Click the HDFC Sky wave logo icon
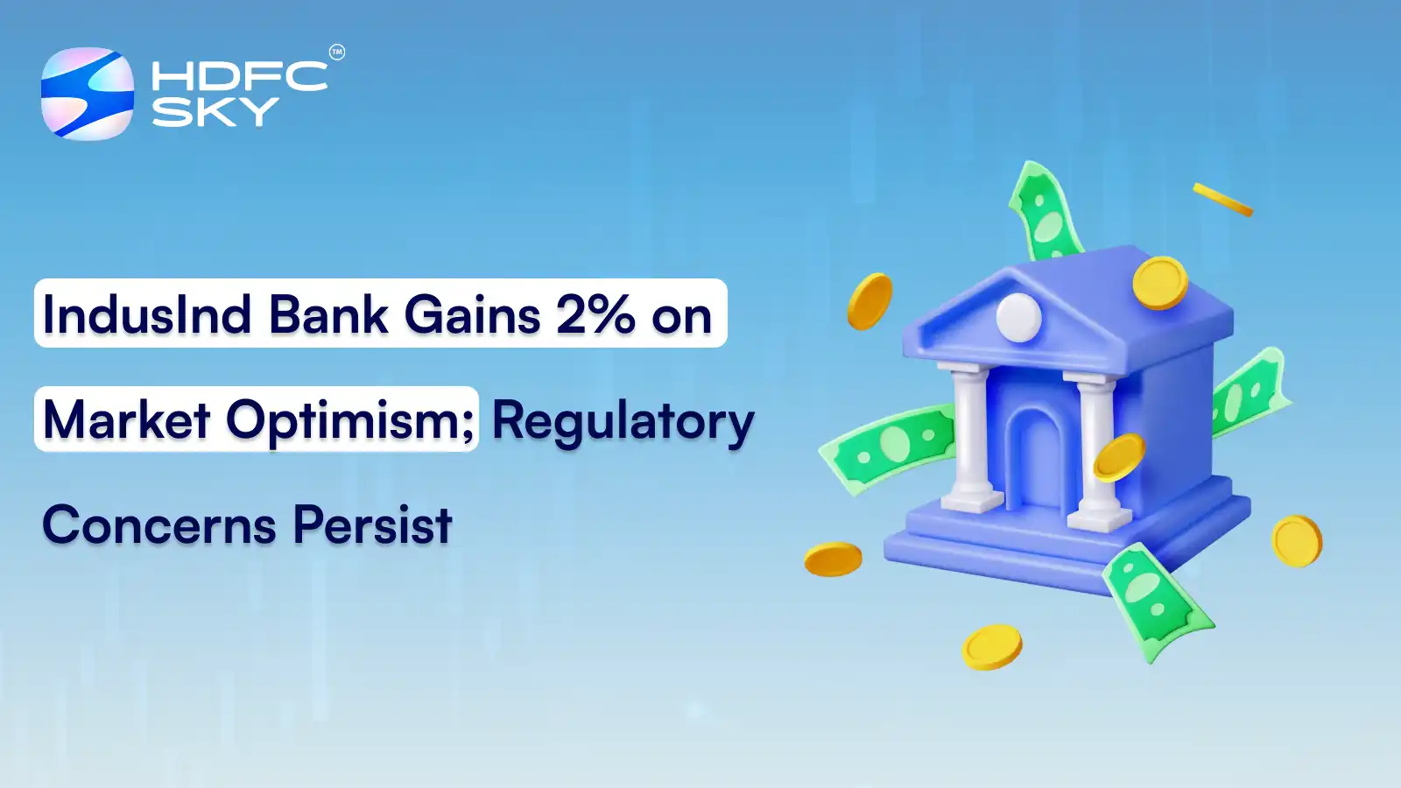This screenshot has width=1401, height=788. pyautogui.click(x=88, y=94)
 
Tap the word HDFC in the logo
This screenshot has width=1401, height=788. pyautogui.click(x=239, y=76)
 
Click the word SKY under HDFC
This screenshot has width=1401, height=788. pyautogui.click(x=215, y=112)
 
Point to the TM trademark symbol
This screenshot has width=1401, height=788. pyautogui.click(x=337, y=53)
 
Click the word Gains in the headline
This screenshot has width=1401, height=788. pyautogui.click(x=472, y=314)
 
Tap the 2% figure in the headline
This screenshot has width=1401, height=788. pyautogui.click(x=595, y=314)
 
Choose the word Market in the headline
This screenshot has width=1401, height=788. pyautogui.click(x=127, y=420)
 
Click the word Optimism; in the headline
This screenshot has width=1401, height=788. pyautogui.click(x=350, y=421)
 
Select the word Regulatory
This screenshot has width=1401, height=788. pyautogui.click(x=623, y=421)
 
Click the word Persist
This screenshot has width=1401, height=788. pyautogui.click(x=372, y=525)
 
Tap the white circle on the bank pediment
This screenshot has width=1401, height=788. pyautogui.click(x=1018, y=317)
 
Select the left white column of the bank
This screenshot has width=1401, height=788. pyautogui.click(x=969, y=438)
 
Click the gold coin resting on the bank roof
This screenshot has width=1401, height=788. pyautogui.click(x=1160, y=282)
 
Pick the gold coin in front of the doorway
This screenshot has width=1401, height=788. pyautogui.click(x=1119, y=457)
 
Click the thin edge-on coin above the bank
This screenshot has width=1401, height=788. pyautogui.click(x=1222, y=200)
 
